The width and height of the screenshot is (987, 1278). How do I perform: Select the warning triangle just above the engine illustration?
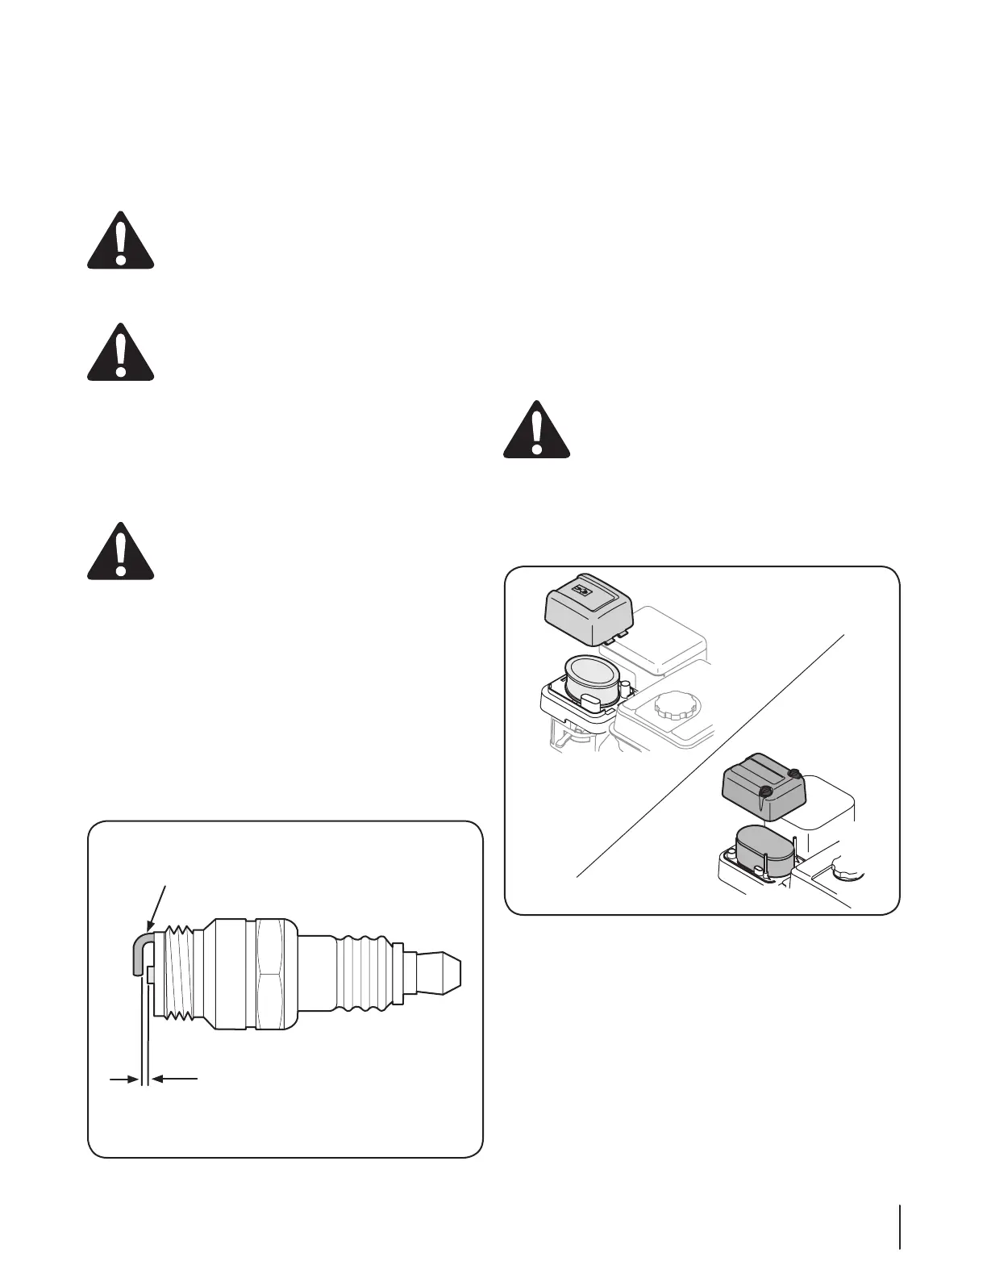pos(536,431)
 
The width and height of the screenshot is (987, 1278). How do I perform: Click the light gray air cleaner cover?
pos(587,613)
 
